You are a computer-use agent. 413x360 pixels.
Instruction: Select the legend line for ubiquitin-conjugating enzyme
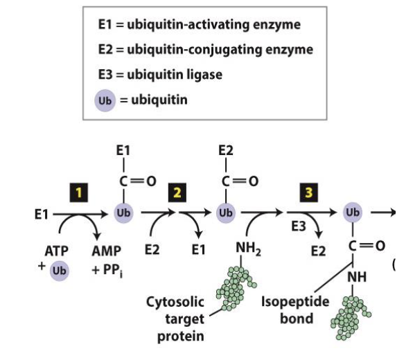click(205, 50)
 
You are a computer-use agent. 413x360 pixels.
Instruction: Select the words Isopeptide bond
click(295, 311)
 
